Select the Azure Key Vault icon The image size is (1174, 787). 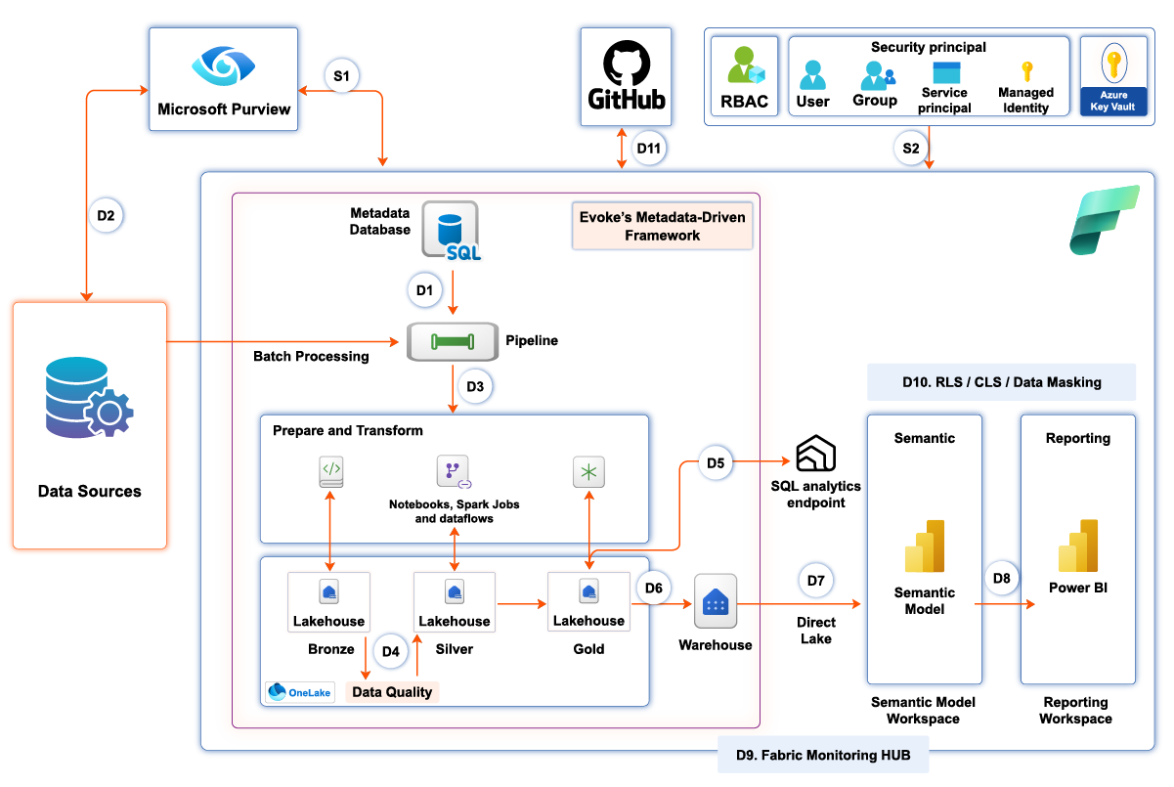tap(1112, 66)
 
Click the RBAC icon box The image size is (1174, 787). tap(745, 76)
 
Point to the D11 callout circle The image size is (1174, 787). tap(648, 150)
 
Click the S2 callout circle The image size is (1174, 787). tap(910, 149)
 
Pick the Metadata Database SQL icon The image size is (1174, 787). tap(451, 231)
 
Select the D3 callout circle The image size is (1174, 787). tap(475, 386)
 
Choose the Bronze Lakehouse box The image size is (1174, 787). tap(328, 602)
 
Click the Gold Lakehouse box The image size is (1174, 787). tap(588, 602)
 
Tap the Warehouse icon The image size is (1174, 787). tap(716, 601)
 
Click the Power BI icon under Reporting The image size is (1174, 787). tap(1077, 546)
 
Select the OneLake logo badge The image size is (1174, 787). tap(299, 692)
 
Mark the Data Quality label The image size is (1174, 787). tap(391, 692)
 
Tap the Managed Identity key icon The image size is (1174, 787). tap(1026, 71)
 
